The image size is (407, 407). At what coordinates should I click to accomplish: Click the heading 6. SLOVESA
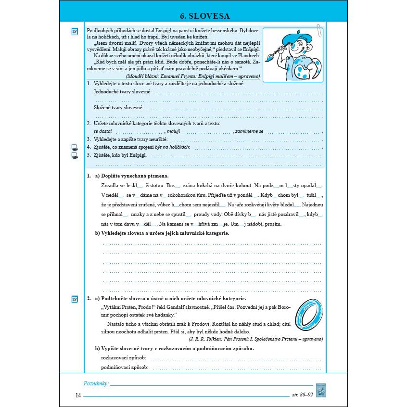click(x=203, y=16)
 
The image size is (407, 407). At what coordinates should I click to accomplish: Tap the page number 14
click(x=78, y=395)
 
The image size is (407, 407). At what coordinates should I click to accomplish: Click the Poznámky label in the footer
click(x=96, y=383)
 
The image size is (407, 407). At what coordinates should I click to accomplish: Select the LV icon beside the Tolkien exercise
click(x=75, y=299)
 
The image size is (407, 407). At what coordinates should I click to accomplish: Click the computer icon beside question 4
click(x=75, y=147)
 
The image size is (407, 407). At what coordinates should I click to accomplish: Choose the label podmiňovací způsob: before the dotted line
click(x=125, y=368)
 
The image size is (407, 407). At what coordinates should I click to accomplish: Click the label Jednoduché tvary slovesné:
click(x=123, y=91)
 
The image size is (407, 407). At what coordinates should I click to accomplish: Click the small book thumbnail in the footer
click(x=321, y=390)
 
